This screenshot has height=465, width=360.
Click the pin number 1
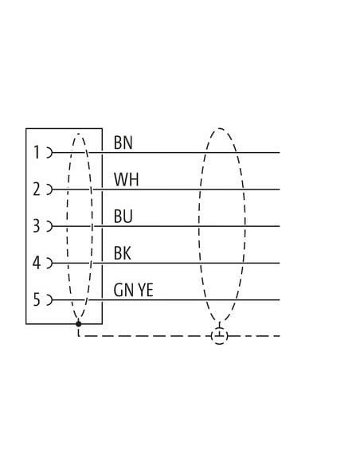[x=37, y=152]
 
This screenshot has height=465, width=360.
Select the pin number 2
[x=36, y=190]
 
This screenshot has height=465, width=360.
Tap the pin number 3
[x=36, y=226]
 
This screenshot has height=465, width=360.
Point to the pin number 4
[x=36, y=263]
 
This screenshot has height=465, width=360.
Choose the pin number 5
[x=36, y=299]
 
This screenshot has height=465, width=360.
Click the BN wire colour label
[x=123, y=143]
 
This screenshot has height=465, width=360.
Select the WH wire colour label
[x=127, y=179]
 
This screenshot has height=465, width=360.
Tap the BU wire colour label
[x=123, y=217]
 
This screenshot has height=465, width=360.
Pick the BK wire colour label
[x=122, y=253]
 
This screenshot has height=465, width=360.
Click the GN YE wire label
[x=134, y=290]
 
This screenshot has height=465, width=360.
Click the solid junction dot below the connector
[x=79, y=324]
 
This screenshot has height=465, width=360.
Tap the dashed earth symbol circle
[x=219, y=336]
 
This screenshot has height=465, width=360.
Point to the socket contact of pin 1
[x=49, y=153]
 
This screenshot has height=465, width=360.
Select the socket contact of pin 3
[x=49, y=226]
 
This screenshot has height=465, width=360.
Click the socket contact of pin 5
[x=49, y=300]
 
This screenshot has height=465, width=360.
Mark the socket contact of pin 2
[x=49, y=190]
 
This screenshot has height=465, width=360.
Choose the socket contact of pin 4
[x=49, y=263]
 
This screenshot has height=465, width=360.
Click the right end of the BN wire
[x=280, y=153]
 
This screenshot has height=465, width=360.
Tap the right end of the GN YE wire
[x=280, y=300]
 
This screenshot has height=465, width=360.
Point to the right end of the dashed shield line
[x=280, y=336]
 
